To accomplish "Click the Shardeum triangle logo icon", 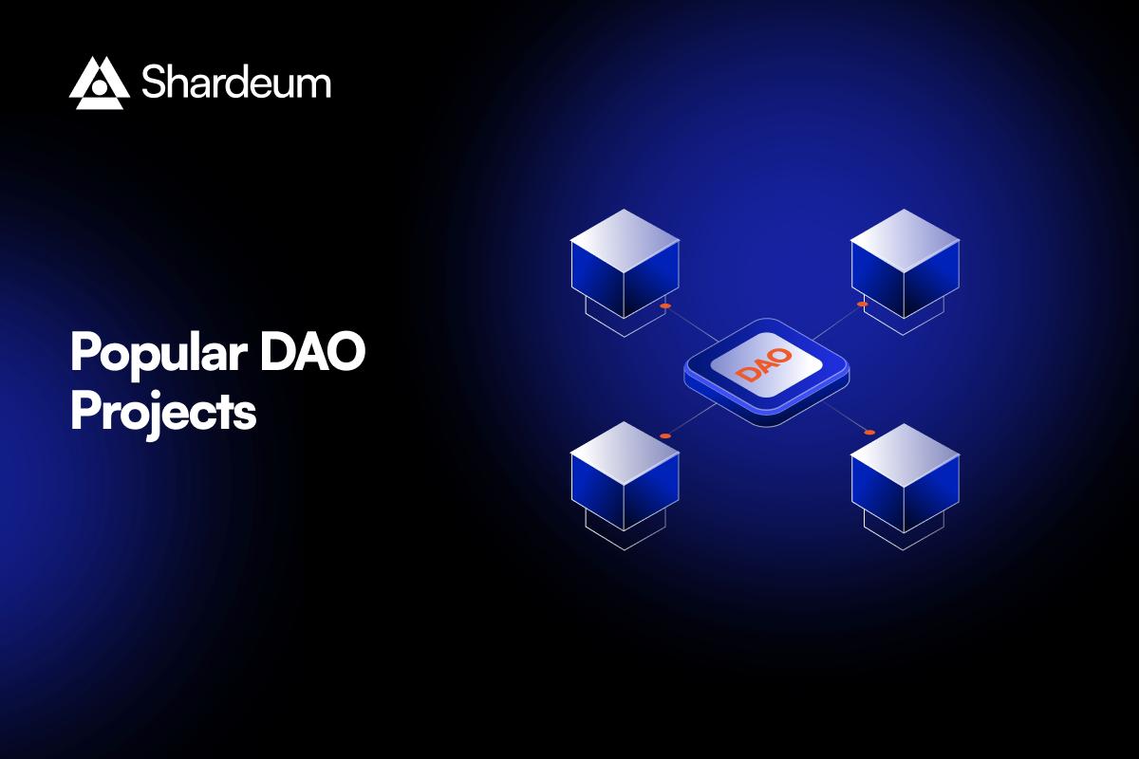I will click(99, 83).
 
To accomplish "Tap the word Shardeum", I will click(236, 83).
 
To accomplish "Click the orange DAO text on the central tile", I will click(765, 365).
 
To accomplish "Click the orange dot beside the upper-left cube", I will click(665, 306).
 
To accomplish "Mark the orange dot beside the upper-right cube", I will click(862, 305).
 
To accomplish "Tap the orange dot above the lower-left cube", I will click(665, 435).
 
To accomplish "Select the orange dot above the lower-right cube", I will click(868, 433).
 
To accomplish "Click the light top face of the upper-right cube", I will click(905, 237).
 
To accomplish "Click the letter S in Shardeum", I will click(155, 83).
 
